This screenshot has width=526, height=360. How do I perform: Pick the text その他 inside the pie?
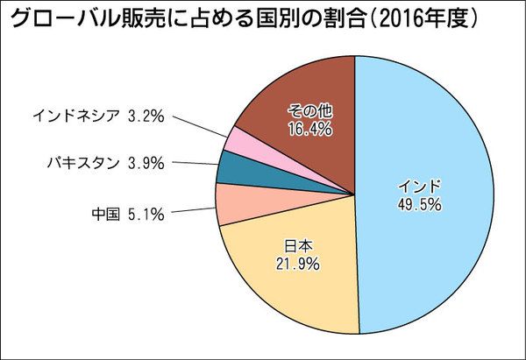coord(308,110)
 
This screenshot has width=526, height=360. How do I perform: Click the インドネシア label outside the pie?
coord(75,114)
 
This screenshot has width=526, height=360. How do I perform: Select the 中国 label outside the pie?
coord(104,212)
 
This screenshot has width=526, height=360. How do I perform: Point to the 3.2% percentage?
coord(146,114)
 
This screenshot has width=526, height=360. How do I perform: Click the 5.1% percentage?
coord(145,212)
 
